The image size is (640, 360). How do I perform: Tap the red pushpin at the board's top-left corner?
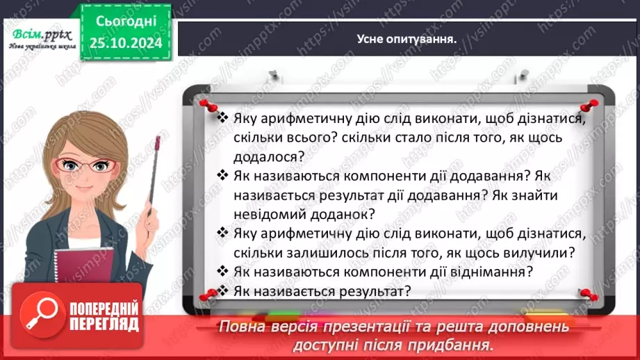[206, 103]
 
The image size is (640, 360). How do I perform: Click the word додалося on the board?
[260, 157]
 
